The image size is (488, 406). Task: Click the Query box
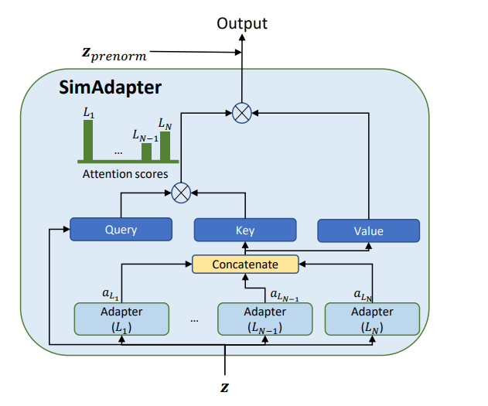click(121, 229)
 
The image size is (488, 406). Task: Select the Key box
click(244, 230)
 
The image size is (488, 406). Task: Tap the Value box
click(368, 230)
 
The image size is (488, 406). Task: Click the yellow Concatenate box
click(245, 264)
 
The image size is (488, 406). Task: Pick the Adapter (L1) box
click(121, 318)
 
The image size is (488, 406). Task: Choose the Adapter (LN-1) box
click(264, 318)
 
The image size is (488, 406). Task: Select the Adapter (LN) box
click(372, 318)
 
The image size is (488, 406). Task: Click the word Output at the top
click(242, 23)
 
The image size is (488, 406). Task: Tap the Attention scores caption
click(125, 174)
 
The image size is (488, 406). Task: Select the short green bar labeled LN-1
click(147, 151)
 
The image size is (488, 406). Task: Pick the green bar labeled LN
click(165, 145)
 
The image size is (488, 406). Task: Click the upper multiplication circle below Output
click(242, 113)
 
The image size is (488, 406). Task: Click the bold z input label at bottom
click(225, 384)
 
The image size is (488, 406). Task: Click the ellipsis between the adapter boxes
click(194, 319)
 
